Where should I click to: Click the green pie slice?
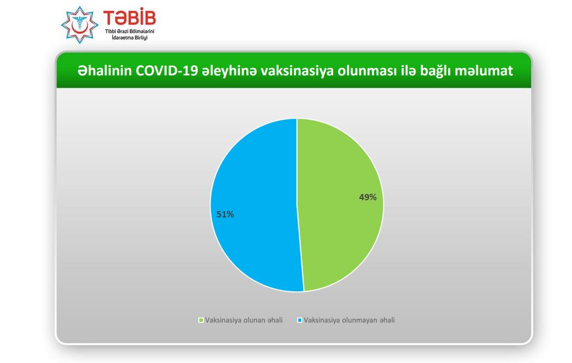pos(339,205)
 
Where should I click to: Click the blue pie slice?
pos(255,205)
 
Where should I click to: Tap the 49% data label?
pos(367,197)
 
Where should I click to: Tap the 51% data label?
pos(225,214)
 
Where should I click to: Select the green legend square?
pos(201,320)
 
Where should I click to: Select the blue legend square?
pos(300,320)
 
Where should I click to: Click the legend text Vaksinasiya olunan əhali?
pos(244,320)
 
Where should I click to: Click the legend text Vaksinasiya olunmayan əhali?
pos(349,320)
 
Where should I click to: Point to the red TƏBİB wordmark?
pos(129,17)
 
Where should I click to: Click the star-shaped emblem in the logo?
pos(80,25)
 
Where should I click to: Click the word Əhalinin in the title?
pos(105,71)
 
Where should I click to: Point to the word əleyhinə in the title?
pos(229,71)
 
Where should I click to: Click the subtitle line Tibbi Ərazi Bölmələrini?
pos(130,32)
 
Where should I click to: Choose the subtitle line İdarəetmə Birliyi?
pos(130,37)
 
